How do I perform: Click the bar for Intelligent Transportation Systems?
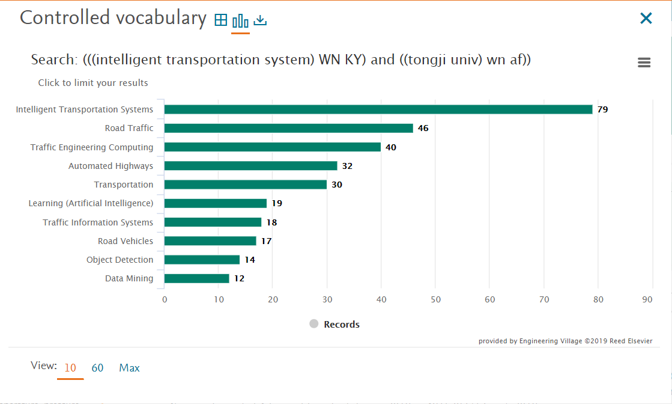(378, 109)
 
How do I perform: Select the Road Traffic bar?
(288, 128)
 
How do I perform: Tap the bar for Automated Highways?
(250, 166)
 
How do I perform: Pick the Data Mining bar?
(196, 278)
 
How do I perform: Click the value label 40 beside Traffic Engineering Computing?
(391, 147)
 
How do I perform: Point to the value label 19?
(276, 203)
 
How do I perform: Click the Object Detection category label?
(120, 260)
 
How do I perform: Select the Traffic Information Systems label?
(98, 222)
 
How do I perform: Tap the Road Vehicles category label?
(126, 241)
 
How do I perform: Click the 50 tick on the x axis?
(435, 299)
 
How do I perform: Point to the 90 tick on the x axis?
(647, 299)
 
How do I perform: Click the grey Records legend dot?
(313, 324)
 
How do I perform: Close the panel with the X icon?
(646, 19)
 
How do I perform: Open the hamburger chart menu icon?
(644, 63)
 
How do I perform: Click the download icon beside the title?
(260, 20)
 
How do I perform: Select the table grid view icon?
(221, 20)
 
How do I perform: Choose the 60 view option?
(97, 368)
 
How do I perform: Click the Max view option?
(129, 368)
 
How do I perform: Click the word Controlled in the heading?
(56, 18)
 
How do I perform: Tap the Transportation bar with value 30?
(245, 185)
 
